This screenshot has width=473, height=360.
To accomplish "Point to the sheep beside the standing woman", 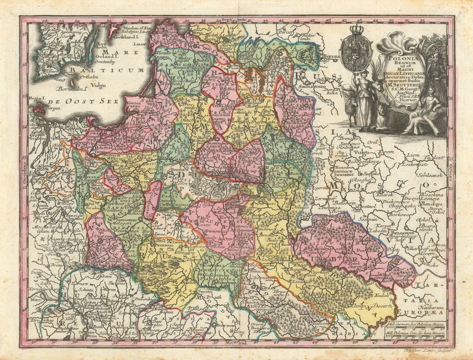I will [352, 110].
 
